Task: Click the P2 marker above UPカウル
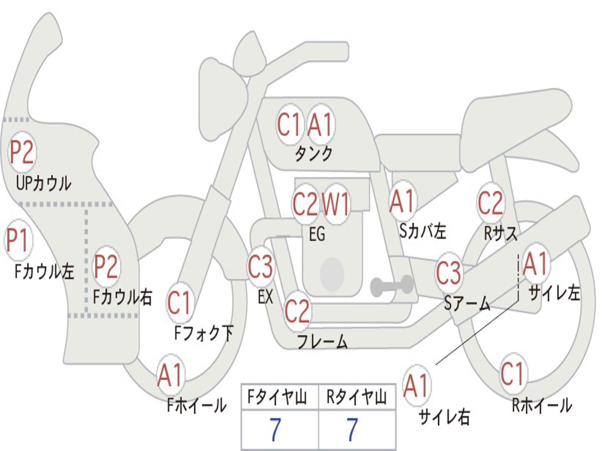click(x=22, y=152)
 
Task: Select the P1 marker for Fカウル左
click(x=18, y=240)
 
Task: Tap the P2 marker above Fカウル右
click(x=106, y=266)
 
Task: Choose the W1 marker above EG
click(x=336, y=204)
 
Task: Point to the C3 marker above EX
click(x=260, y=266)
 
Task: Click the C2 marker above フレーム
click(x=297, y=311)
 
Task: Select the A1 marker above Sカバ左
click(x=402, y=201)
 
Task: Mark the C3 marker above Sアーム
click(x=449, y=272)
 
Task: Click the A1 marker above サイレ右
click(x=417, y=385)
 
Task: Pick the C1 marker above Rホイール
click(x=513, y=373)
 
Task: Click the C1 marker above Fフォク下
click(x=179, y=302)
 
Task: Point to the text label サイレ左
click(x=554, y=294)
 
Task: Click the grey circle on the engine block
click(x=332, y=273)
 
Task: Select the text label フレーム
click(x=323, y=341)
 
